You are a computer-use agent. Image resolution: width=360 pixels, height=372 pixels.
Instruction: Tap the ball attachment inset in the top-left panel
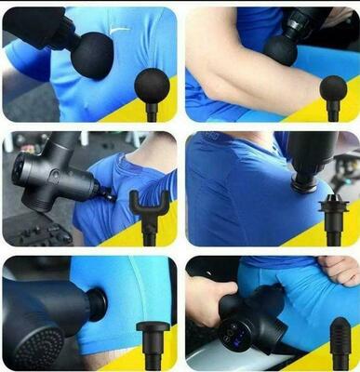click(152, 86)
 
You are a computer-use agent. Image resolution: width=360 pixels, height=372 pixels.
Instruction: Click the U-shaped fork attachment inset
click(150, 205)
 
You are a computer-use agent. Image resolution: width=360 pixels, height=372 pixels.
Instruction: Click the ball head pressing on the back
click(91, 52)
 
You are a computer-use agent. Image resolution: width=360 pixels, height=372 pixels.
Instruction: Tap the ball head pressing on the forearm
click(280, 48)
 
